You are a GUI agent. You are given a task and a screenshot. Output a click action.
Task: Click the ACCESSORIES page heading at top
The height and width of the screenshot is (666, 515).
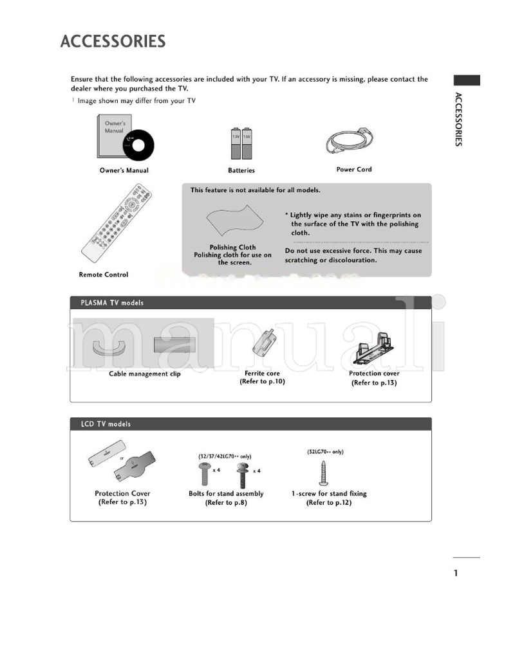point(113,42)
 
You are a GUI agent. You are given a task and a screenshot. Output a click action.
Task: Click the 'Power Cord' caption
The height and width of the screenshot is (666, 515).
point(353,170)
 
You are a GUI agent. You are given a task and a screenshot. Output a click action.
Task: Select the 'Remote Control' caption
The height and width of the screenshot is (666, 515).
point(103,274)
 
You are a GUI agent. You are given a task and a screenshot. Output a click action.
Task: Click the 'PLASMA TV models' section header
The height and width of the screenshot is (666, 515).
point(112,303)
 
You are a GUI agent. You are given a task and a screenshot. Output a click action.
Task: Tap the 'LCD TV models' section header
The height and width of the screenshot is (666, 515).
point(106,424)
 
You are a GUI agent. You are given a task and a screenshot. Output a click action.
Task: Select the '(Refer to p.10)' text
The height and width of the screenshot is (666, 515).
point(262,382)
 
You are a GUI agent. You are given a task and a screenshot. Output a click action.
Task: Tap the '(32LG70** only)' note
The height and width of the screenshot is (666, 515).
point(325,452)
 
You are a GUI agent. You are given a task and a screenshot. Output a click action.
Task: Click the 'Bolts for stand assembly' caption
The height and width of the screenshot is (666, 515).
point(226,494)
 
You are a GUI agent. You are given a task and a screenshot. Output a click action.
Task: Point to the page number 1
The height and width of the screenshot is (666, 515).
point(456,573)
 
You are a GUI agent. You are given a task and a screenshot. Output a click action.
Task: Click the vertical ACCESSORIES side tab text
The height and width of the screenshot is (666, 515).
point(458,120)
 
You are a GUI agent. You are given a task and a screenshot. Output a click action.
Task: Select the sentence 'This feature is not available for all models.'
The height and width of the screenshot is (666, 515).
point(256,190)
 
